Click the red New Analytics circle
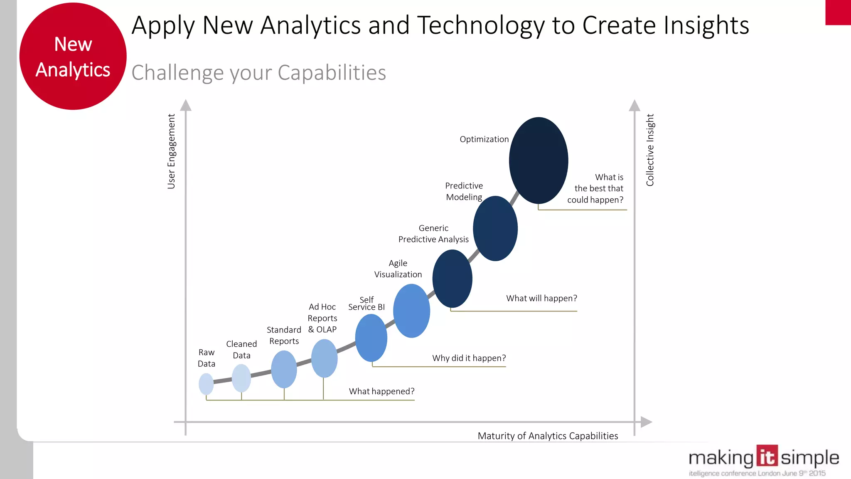(73, 57)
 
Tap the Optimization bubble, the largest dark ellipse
(539, 160)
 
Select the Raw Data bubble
(206, 384)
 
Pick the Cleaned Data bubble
(241, 378)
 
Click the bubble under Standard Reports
(284, 369)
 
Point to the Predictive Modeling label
(464, 191)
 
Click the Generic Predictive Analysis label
(433, 234)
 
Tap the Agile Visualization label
(398, 269)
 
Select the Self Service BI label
(366, 304)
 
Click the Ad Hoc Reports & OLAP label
(322, 318)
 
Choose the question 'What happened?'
(381, 391)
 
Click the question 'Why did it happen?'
(469, 358)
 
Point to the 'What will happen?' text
(541, 298)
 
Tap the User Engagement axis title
(171, 151)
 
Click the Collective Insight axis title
(650, 150)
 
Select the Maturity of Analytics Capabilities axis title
(548, 436)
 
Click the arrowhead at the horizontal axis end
(646, 422)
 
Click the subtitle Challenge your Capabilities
(259, 73)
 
